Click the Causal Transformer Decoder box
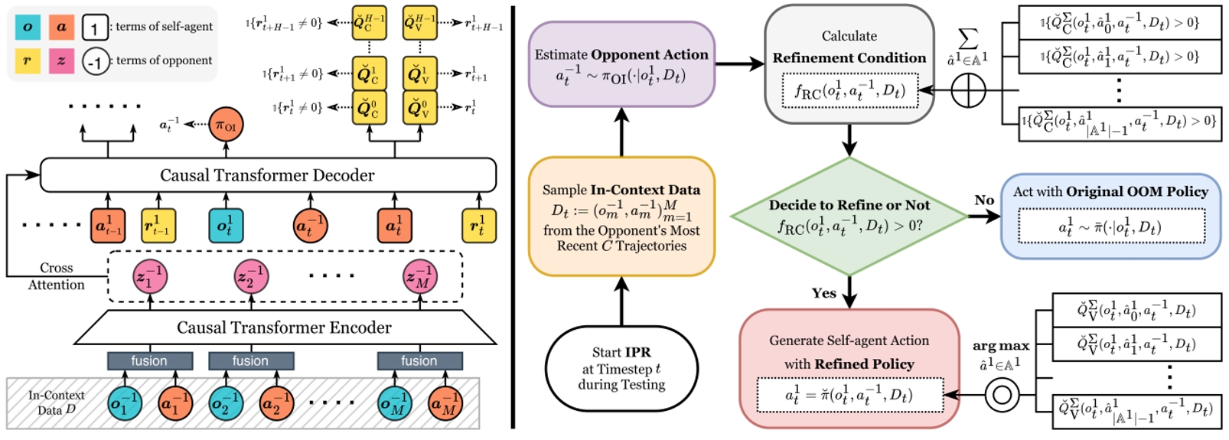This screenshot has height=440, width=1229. (x=267, y=175)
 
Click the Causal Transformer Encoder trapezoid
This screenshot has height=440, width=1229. (x=284, y=328)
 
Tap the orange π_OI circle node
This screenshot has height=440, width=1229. (x=226, y=125)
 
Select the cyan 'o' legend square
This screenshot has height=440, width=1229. (x=28, y=27)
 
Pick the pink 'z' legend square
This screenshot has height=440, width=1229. (x=61, y=60)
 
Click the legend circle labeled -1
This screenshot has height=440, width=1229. (x=95, y=61)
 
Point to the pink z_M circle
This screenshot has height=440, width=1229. (x=420, y=277)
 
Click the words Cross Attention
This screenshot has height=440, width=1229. (x=57, y=276)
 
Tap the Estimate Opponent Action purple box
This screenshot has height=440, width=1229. (x=621, y=64)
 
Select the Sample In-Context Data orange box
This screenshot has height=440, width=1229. (x=621, y=217)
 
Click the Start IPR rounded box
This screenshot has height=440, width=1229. (x=621, y=368)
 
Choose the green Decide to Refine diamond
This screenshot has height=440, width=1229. (x=849, y=216)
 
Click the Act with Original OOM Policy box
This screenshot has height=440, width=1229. (x=1110, y=216)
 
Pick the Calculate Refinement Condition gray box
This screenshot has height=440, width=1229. (x=849, y=64)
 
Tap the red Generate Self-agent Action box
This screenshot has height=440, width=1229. (x=849, y=369)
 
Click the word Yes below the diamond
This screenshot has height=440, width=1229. (x=823, y=293)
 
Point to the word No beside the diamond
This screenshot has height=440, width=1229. (x=984, y=200)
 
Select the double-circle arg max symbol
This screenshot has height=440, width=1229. (x=1002, y=395)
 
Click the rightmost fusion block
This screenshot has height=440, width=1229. (x=419, y=360)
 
